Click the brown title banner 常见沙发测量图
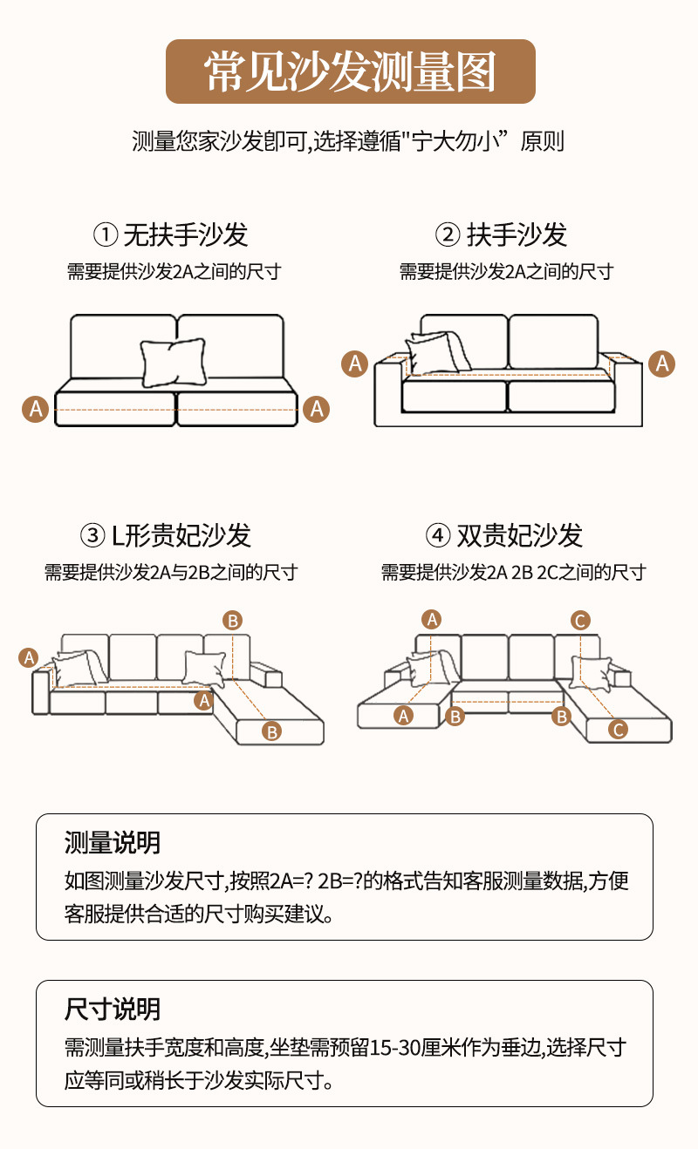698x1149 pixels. [x=350, y=71]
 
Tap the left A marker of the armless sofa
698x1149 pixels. [x=35, y=408]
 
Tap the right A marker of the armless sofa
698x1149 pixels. [x=316, y=408]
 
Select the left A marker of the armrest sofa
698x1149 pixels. [x=354, y=363]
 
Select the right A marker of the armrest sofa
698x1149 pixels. [x=662, y=363]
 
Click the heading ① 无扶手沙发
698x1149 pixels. [x=171, y=235]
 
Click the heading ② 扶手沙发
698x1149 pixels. [x=502, y=235]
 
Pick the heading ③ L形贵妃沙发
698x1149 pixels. [x=166, y=535]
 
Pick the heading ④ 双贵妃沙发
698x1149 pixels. [x=503, y=535]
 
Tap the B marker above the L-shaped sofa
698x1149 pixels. [x=232, y=621]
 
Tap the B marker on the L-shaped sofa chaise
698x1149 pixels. [x=272, y=731]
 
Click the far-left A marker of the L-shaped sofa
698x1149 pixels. [x=29, y=657]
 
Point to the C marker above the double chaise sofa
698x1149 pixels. [x=580, y=621]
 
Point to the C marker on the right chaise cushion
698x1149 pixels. [x=618, y=730]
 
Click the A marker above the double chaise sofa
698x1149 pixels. [x=432, y=619]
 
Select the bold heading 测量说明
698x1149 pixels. [x=113, y=843]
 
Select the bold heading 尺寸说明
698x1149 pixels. [x=113, y=1010]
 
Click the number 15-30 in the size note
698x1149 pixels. [x=396, y=1048]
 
